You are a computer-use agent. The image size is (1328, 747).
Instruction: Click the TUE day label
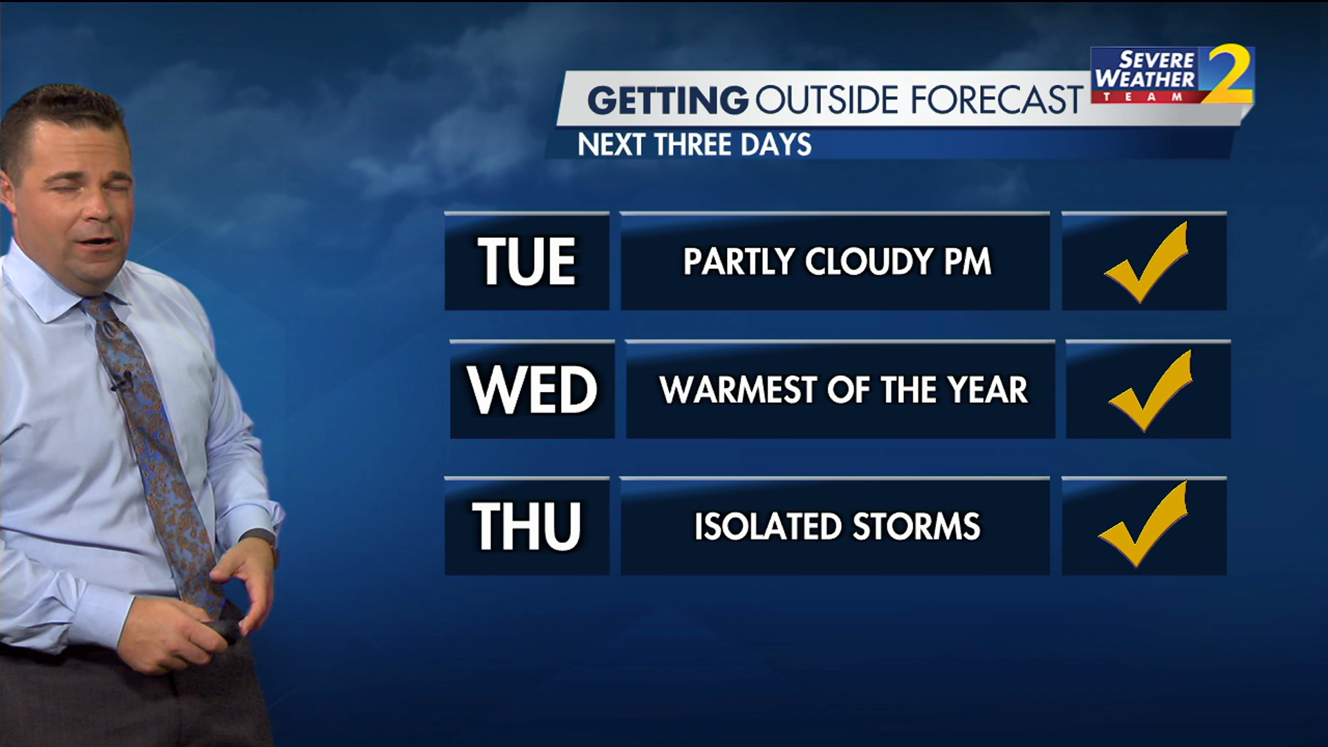pyautogui.click(x=526, y=261)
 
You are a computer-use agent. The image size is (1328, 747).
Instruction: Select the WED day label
pyautogui.click(x=532, y=389)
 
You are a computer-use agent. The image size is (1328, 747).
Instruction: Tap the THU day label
pyautogui.click(x=526, y=526)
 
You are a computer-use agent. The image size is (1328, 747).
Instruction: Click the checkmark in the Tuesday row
pyautogui.click(x=1146, y=262)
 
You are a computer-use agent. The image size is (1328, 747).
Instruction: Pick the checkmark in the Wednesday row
pyautogui.click(x=1150, y=391)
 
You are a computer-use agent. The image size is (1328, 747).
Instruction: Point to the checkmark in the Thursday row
pyautogui.click(x=1143, y=524)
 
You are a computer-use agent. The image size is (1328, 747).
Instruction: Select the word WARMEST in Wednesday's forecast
pyautogui.click(x=739, y=390)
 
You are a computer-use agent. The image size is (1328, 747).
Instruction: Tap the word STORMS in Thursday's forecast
pyautogui.click(x=916, y=526)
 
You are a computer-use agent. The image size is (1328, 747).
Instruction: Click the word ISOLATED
pyautogui.click(x=768, y=526)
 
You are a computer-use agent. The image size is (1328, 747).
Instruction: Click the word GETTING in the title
pyautogui.click(x=668, y=100)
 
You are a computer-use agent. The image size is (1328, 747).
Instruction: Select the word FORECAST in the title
pyautogui.click(x=997, y=100)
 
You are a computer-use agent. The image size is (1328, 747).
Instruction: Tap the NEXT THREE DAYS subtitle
pyautogui.click(x=694, y=145)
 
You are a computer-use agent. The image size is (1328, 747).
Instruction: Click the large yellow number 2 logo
pyautogui.click(x=1228, y=73)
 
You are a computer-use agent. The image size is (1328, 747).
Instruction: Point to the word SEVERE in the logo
pyautogui.click(x=1157, y=59)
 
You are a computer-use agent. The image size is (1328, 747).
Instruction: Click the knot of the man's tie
pyautogui.click(x=97, y=308)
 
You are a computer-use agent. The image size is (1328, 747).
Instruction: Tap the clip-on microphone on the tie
pyautogui.click(x=122, y=382)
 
